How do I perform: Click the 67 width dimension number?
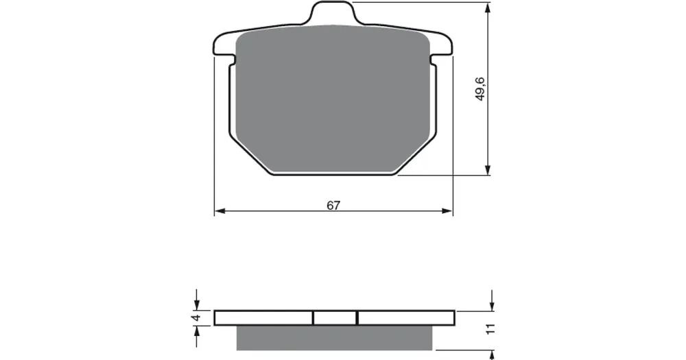point(333,205)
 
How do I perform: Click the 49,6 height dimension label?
point(480,89)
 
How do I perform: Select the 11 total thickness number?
point(491,329)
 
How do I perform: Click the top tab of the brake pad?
point(333,12)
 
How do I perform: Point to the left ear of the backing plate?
point(224,45)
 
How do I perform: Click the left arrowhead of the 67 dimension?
point(220,211)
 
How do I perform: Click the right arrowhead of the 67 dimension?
point(447,211)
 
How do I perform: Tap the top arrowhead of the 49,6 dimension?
point(488,8)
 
